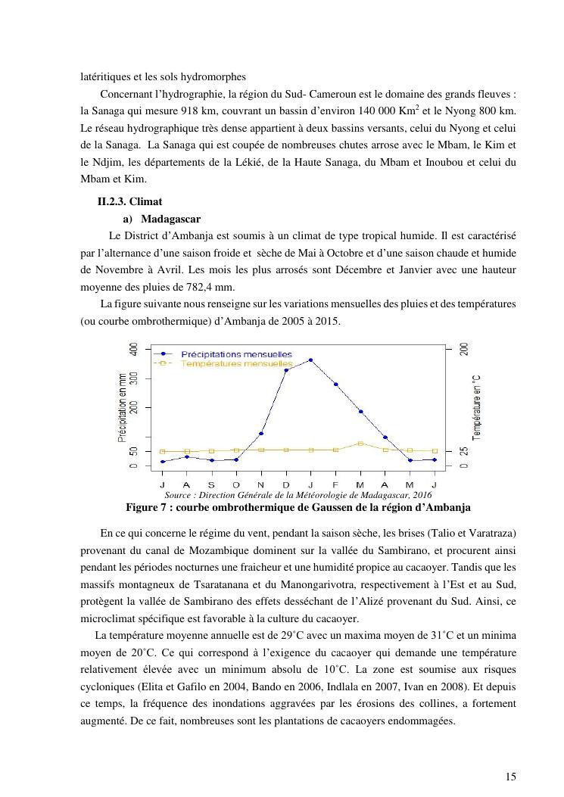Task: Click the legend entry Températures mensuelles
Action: coord(227,363)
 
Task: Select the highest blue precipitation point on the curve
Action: coord(310,360)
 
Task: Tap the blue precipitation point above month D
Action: coord(286,370)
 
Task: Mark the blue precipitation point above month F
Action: coord(335,384)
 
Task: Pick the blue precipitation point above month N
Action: coord(261,434)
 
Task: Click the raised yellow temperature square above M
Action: coord(360,444)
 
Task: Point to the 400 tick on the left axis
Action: coord(134,349)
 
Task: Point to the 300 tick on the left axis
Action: coord(134,378)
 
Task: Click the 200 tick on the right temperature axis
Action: coord(464,349)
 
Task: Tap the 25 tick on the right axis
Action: coord(464,451)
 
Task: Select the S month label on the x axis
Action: coord(211,484)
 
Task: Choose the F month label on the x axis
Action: coord(335,484)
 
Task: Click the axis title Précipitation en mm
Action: coord(121,407)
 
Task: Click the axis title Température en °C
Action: coord(477,407)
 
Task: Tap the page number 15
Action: coord(511,776)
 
